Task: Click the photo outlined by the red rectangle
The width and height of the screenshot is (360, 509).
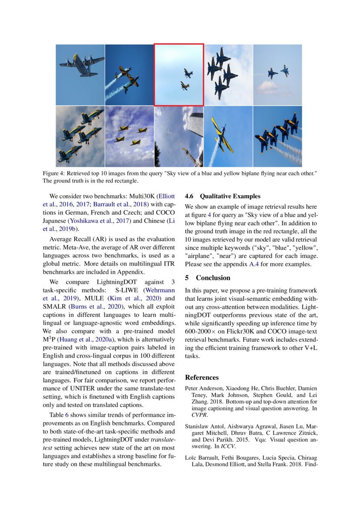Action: [179, 74]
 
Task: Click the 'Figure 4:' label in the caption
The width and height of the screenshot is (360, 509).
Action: [54, 173]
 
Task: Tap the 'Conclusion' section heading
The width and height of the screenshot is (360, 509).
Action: [213, 278]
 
